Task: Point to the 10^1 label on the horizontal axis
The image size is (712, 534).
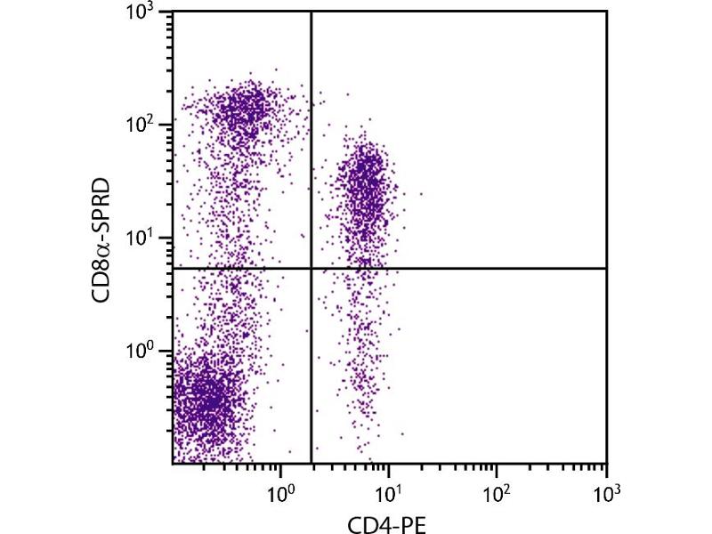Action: pos(389,489)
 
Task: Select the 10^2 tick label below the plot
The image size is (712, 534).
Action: pos(497,489)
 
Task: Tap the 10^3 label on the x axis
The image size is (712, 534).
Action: pos(605,489)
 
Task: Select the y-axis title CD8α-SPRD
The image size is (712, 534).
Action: pos(105,239)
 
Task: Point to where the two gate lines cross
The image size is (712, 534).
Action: pos(311,268)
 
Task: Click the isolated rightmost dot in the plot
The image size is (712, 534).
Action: pos(421,193)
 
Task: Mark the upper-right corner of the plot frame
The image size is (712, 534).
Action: pos(606,12)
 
